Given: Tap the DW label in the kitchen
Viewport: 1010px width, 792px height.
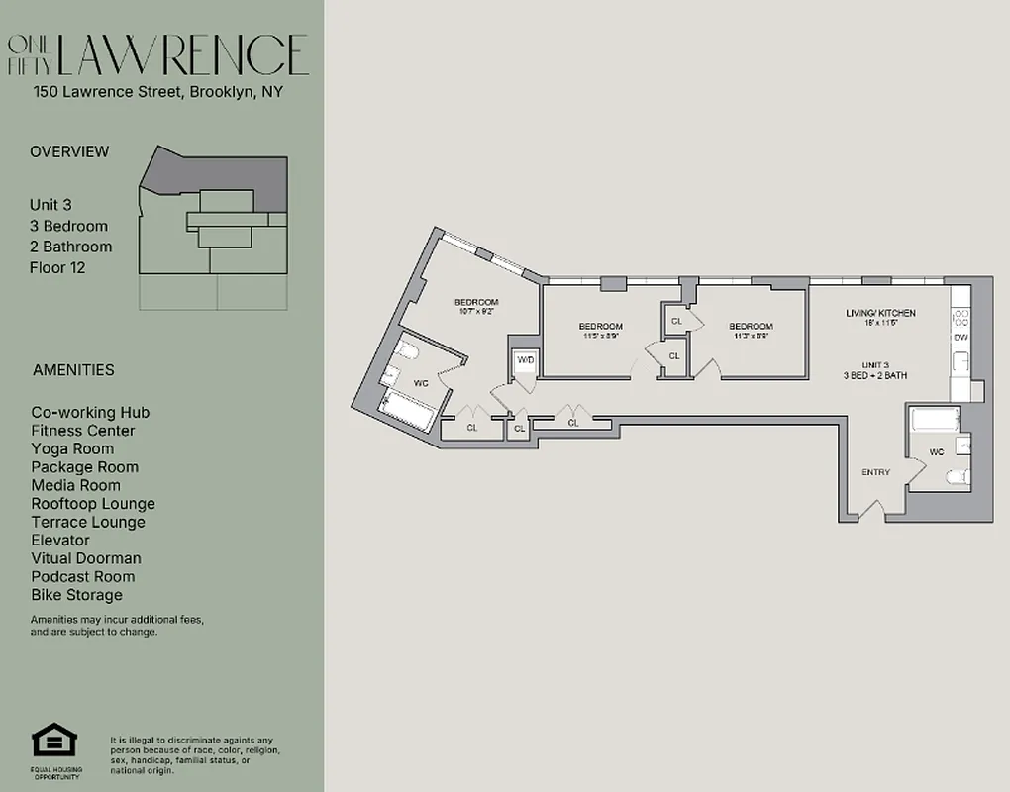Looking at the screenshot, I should click(x=960, y=338).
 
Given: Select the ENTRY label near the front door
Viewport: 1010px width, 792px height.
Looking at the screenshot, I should click(x=875, y=472).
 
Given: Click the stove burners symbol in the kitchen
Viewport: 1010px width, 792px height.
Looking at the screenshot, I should click(x=959, y=317).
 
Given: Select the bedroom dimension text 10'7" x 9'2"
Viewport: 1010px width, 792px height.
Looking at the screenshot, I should click(x=476, y=312).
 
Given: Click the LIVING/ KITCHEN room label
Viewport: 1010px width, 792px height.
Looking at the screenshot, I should click(x=880, y=313).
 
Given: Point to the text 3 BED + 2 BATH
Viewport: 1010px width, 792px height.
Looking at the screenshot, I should click(x=875, y=376).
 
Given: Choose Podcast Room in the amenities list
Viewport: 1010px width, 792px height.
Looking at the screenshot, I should click(x=82, y=576).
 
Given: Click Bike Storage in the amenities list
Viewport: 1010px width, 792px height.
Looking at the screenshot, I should click(x=76, y=595).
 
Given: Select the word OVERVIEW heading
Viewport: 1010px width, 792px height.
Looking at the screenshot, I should click(x=69, y=151).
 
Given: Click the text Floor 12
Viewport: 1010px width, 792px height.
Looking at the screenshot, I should click(x=57, y=267).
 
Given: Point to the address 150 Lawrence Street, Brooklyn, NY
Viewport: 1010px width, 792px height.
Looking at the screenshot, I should click(x=158, y=93).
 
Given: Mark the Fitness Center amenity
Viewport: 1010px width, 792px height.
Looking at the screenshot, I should click(x=82, y=431).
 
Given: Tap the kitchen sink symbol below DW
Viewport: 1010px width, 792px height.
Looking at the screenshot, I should click(x=959, y=363).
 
